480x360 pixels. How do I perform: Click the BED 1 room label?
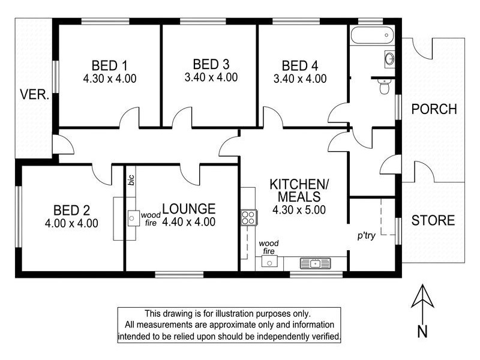[x=109, y=65]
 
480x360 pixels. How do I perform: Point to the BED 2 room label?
[x=71, y=211]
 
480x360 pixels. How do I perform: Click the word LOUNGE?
[x=188, y=209]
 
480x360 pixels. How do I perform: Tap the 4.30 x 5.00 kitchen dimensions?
[x=299, y=210]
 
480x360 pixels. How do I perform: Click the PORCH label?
[x=434, y=109]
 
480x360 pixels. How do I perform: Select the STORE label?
[x=433, y=220]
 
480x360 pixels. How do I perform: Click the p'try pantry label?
[x=366, y=236]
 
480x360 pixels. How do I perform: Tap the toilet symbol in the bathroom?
[x=385, y=88]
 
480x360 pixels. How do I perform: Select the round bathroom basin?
[x=388, y=59]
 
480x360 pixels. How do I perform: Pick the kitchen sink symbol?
[x=314, y=263]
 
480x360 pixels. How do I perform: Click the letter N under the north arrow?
[x=423, y=329]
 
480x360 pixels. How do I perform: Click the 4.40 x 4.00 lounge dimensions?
[x=188, y=221]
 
